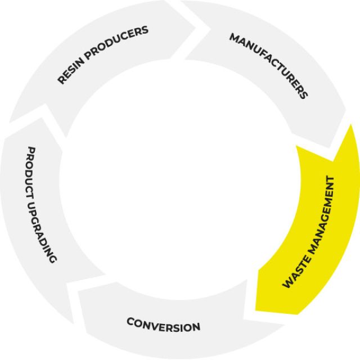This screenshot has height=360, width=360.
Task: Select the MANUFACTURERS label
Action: point(269,65)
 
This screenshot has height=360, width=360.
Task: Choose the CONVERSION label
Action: point(163,325)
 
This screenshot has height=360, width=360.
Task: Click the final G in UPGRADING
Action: point(54,259)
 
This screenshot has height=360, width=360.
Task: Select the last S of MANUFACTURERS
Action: point(304,95)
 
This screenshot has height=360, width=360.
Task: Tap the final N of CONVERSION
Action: point(196,327)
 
